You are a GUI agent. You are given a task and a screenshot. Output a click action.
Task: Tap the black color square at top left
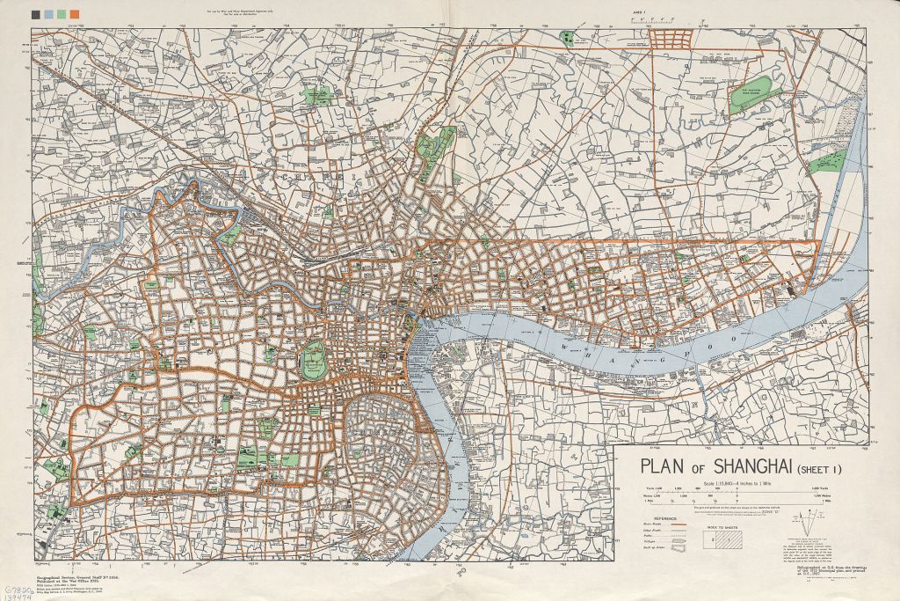click(34, 15)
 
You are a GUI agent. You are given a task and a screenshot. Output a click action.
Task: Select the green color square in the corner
click(61, 15)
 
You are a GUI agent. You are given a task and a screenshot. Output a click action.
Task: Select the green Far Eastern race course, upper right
click(753, 93)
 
